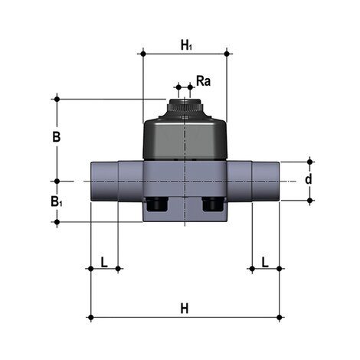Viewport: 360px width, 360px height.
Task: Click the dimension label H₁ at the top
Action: tap(185, 45)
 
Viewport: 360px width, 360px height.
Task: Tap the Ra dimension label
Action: tap(204, 80)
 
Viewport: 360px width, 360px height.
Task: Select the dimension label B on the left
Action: tap(55, 139)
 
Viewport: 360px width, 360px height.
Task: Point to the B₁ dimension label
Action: tap(56, 202)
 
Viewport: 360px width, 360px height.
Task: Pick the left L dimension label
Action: tap(104, 262)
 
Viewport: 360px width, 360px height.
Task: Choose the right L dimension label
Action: tap(265, 262)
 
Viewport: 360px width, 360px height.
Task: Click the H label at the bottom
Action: tap(184, 308)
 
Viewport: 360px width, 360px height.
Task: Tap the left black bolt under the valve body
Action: tap(156, 205)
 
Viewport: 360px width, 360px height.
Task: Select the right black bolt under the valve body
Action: tap(212, 205)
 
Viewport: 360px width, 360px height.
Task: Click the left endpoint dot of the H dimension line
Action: tap(90, 316)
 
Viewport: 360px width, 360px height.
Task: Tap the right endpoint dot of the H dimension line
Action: tap(279, 316)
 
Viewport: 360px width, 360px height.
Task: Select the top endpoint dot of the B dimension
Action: tap(56, 98)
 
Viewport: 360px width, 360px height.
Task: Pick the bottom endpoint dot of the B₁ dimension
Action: tap(56, 222)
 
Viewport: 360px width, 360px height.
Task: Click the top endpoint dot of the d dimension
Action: tap(309, 162)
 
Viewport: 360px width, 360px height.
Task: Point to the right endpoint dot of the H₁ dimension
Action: tap(227, 54)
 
